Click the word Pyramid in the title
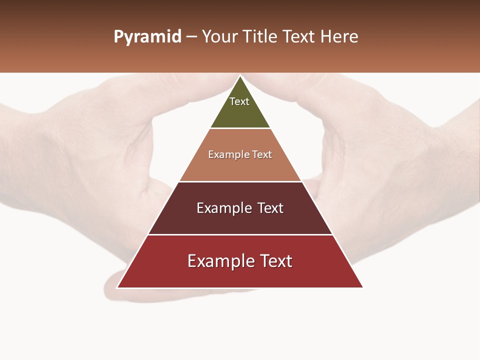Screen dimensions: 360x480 point(147,37)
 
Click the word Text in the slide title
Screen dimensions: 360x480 point(299,37)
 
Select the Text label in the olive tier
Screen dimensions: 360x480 point(239,101)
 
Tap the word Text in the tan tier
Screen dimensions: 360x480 point(262,155)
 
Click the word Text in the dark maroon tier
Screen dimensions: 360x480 point(270,208)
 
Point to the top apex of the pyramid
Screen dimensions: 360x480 point(240,76)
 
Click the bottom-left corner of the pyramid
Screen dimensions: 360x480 point(117,287)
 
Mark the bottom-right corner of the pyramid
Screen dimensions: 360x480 point(362,287)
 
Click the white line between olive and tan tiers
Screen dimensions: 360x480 point(240,128)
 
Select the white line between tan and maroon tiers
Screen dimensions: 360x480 point(240,181)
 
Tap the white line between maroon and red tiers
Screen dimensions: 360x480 point(240,234)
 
